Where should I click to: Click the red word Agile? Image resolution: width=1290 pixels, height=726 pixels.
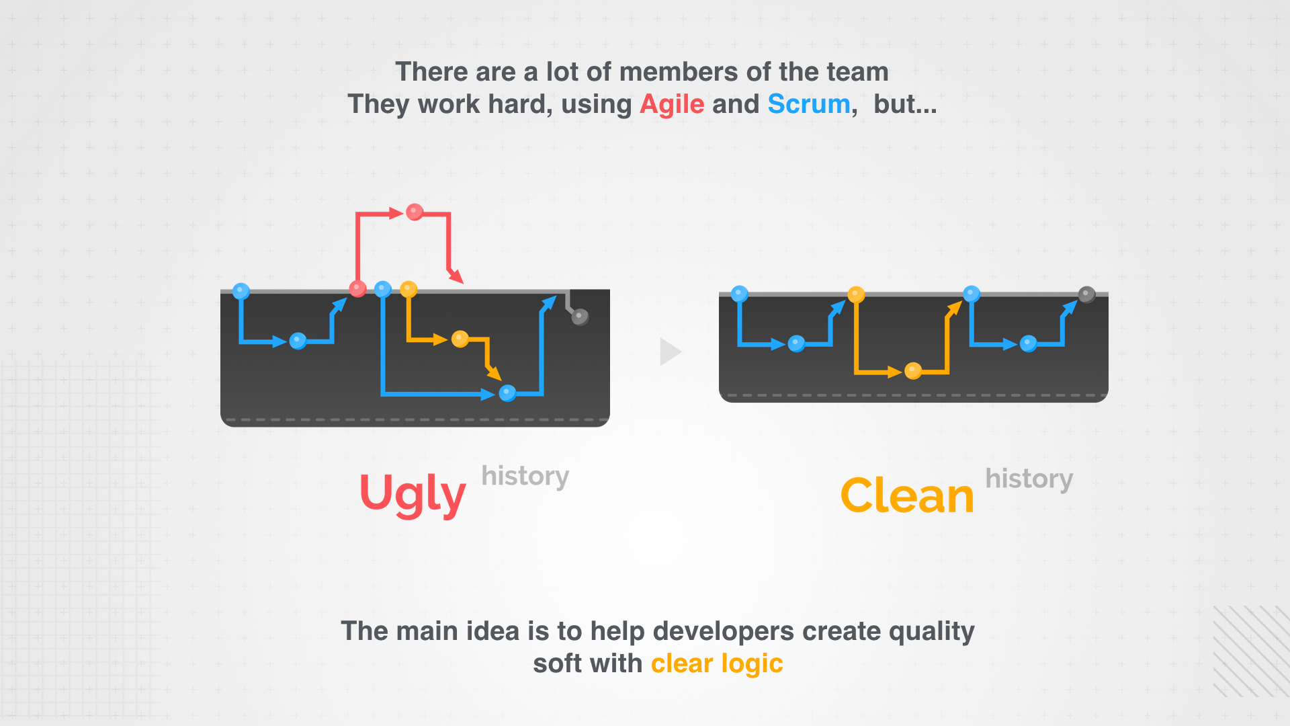672,105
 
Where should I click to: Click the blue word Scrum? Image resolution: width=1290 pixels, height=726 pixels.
809,104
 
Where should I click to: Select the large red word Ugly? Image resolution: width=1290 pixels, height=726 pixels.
413,495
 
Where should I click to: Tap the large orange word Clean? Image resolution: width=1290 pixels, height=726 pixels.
907,496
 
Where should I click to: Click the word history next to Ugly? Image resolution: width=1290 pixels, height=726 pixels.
525,477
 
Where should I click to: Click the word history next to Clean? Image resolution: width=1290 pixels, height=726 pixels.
1029,479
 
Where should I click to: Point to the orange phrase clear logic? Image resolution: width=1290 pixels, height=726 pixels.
717,664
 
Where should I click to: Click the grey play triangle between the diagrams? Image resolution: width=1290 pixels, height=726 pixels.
671,352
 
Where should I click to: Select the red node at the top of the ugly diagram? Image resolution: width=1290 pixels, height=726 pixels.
415,212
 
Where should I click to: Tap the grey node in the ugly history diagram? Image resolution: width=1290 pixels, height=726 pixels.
580,317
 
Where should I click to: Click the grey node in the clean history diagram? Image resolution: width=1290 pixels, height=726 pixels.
1086,294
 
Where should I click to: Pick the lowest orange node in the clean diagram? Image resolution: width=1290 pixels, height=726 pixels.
913,370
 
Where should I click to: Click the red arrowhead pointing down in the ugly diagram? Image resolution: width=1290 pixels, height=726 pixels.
457,276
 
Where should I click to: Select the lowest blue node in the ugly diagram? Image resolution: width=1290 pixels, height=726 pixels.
508,393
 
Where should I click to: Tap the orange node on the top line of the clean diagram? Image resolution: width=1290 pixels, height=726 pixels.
856,294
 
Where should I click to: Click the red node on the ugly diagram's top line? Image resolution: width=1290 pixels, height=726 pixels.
357,289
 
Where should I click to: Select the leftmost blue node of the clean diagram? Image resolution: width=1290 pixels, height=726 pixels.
739,294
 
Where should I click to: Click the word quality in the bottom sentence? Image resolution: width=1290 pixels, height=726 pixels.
932,632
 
